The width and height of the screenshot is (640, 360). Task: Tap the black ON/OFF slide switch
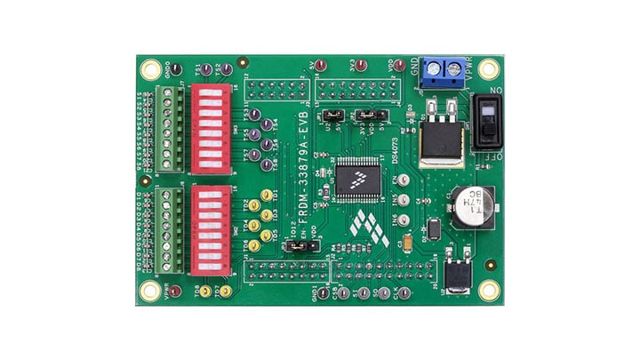[487, 122]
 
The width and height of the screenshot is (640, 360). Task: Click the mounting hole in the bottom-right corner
[488, 289]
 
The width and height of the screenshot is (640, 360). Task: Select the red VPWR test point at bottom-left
[175, 292]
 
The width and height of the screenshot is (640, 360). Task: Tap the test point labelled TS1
[205, 68]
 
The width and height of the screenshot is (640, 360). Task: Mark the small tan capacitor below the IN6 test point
[406, 243]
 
